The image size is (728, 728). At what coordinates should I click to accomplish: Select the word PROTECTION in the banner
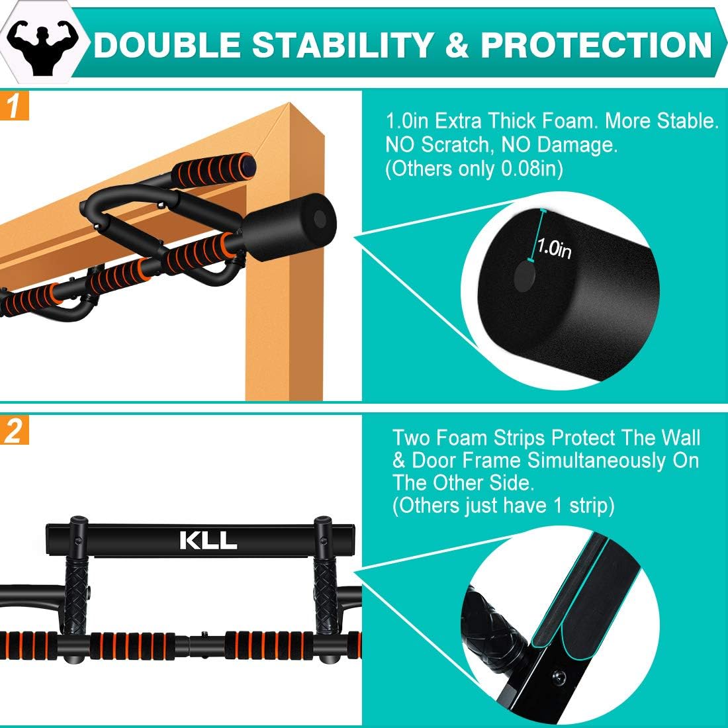[x=596, y=44]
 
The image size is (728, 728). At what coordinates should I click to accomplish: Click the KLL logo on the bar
[x=208, y=540]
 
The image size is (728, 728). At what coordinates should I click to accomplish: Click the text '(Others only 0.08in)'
[x=474, y=169]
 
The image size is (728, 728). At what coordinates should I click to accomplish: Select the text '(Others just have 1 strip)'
[x=503, y=506]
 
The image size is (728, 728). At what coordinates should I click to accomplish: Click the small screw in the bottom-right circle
[x=560, y=674]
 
